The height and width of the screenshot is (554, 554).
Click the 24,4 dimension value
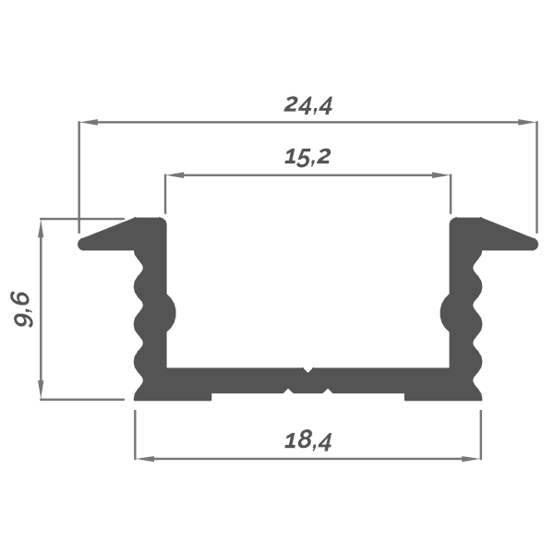pyautogui.click(x=307, y=104)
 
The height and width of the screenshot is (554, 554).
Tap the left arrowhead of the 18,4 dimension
pyautogui.click(x=141, y=457)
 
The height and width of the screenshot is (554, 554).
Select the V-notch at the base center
pyautogui.click(x=308, y=375)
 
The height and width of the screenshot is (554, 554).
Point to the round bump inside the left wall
pyautogui.click(x=169, y=315)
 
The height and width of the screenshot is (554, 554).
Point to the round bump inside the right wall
pyautogui.click(x=447, y=315)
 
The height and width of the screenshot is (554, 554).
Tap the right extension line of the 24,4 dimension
pyautogui.click(x=536, y=175)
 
